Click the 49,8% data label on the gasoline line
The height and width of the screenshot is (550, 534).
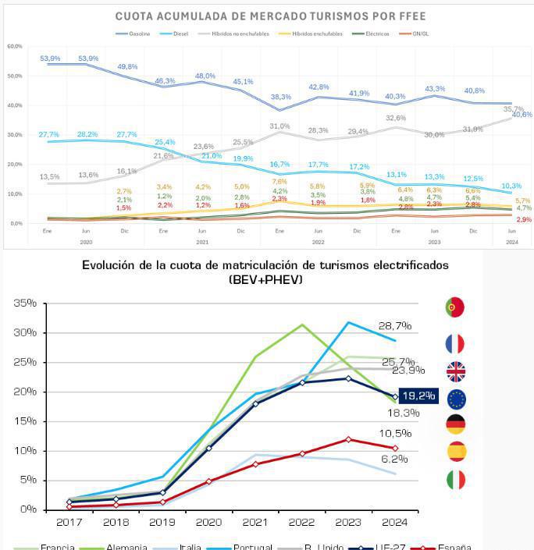[x=127, y=67]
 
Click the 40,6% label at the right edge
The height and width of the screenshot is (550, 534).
[x=521, y=115]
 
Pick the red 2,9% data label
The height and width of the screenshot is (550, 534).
[x=523, y=220]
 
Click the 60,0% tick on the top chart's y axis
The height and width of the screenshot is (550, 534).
[x=14, y=46]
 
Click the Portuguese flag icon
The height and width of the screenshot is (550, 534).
[x=454, y=307]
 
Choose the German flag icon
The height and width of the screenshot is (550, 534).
[x=455, y=424]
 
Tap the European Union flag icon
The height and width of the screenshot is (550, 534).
[x=455, y=399]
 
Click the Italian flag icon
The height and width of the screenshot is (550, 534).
[x=455, y=480]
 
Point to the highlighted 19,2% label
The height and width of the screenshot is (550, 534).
[x=418, y=396]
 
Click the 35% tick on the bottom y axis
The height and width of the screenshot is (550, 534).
[x=24, y=303]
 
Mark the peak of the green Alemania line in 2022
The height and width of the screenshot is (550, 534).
[x=301, y=325]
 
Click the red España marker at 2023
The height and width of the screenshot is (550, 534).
[x=348, y=439]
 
